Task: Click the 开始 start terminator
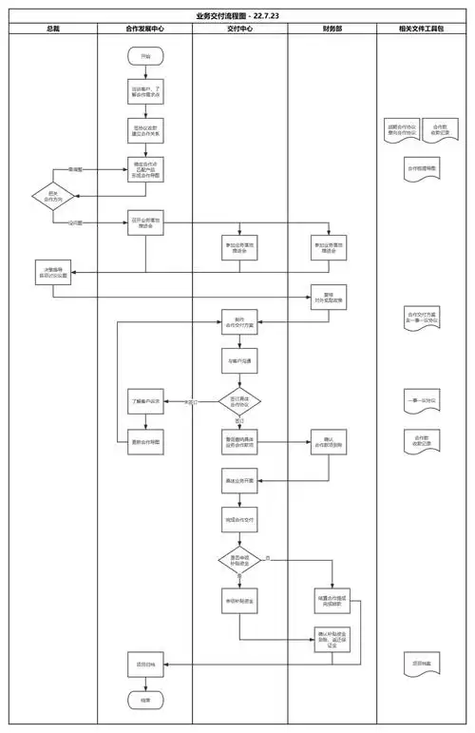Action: point(145,57)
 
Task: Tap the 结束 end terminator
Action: point(145,699)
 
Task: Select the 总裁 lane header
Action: point(52,29)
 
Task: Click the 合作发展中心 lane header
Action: point(145,29)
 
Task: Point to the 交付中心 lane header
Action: point(240,29)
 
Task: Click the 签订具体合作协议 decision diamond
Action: point(239,401)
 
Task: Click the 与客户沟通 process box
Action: point(239,361)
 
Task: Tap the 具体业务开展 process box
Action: point(239,481)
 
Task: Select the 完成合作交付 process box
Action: point(239,521)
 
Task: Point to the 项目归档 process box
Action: point(145,663)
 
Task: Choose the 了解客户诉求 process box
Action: point(145,401)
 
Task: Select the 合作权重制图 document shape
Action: point(420,168)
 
